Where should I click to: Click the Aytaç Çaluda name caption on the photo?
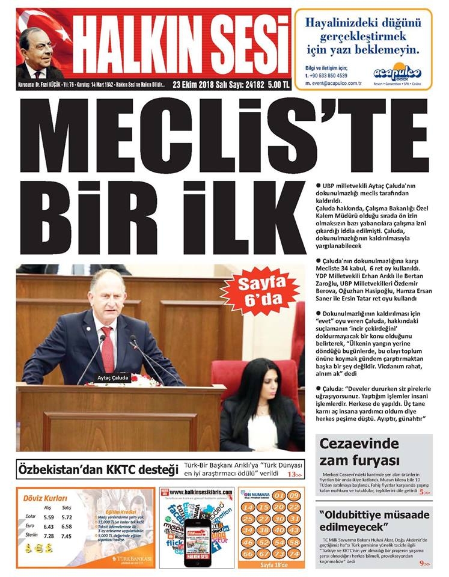[x=113, y=378]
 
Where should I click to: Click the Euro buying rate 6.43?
[x=49, y=526]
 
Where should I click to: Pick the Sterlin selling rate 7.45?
[x=67, y=536]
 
